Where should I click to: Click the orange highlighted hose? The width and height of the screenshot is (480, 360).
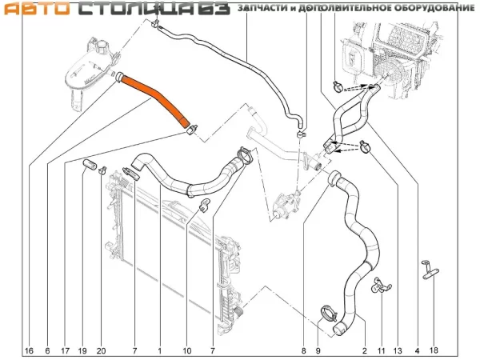tap(157, 97)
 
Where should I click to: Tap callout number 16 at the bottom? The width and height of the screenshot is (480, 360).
tap(29, 350)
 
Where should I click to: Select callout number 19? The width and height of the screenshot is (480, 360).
tap(83, 350)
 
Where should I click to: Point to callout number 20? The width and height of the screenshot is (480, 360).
tap(101, 350)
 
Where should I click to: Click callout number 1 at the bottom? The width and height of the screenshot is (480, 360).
tap(160, 350)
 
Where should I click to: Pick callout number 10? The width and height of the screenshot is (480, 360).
tap(187, 350)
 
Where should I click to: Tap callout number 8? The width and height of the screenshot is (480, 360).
tap(304, 350)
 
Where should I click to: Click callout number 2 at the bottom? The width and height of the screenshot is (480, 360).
tap(365, 350)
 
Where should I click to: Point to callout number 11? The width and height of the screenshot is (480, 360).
tap(381, 350)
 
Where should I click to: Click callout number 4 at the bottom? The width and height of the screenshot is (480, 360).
tap(417, 350)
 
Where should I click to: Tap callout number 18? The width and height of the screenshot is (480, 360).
tap(434, 350)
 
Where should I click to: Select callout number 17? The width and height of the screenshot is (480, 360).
tap(64, 350)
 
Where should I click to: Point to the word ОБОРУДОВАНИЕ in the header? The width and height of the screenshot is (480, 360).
tap(431, 8)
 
